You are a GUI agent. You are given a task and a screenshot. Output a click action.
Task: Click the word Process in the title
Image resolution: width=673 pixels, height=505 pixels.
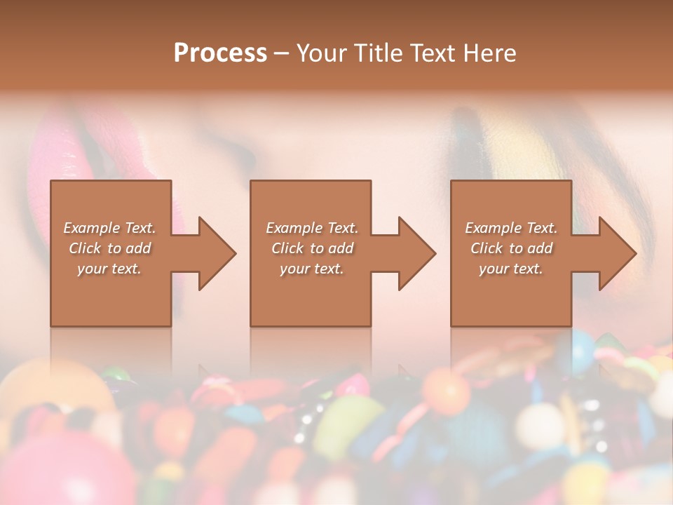pos(220,53)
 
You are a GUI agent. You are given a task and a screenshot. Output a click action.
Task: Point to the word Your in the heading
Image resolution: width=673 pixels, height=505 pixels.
pos(322,53)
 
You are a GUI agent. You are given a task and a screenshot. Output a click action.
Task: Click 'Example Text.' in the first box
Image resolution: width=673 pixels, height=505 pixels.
pos(110,227)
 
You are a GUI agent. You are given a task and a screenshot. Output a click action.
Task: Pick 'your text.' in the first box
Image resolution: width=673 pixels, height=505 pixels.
pos(110,268)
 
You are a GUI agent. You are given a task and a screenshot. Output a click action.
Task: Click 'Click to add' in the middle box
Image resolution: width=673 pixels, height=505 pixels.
pos(312,248)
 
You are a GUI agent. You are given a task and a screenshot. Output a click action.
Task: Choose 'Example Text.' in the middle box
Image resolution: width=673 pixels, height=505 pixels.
pos(312,227)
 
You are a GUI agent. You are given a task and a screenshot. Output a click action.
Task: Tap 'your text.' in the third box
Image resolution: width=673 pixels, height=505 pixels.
pos(511,268)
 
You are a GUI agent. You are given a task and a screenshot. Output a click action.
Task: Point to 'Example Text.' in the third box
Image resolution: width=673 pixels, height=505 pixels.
pos(511,227)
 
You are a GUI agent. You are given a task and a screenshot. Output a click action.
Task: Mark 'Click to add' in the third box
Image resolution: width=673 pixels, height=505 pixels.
pos(511,248)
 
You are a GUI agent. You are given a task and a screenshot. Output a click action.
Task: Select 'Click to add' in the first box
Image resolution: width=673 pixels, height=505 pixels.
pos(110,248)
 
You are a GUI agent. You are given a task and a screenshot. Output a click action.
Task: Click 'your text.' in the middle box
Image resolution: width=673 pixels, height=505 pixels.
pos(312,268)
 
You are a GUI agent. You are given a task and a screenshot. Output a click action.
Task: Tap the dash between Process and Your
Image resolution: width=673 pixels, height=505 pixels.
pos(281,53)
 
